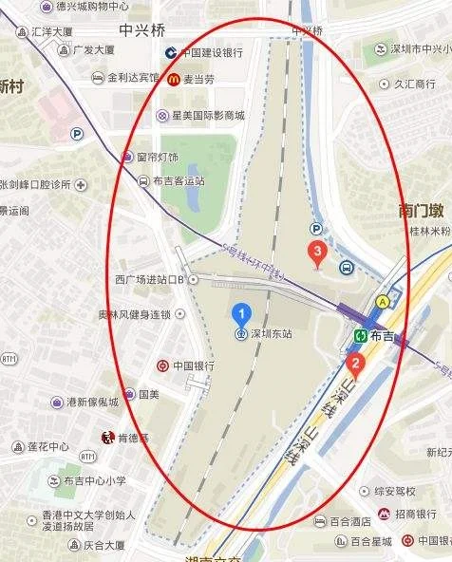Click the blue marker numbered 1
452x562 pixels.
point(242,312)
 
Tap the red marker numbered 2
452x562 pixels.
point(355,362)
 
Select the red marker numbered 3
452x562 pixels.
point(318,252)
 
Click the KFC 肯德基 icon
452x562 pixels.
point(107,438)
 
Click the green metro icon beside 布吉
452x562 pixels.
point(361,335)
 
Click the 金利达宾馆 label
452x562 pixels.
point(133,77)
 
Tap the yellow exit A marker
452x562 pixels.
point(384,300)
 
